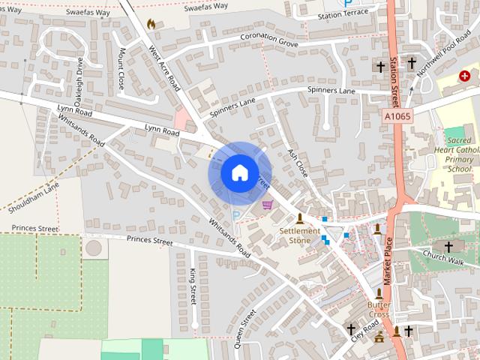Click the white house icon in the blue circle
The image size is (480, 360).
coord(239,172)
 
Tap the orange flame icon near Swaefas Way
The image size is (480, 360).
coord(151,24)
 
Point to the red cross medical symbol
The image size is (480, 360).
coord(465,76)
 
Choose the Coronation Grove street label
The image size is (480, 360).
coord(268,38)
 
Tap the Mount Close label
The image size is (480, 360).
coord(121,69)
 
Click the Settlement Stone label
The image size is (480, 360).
coord(300,236)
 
